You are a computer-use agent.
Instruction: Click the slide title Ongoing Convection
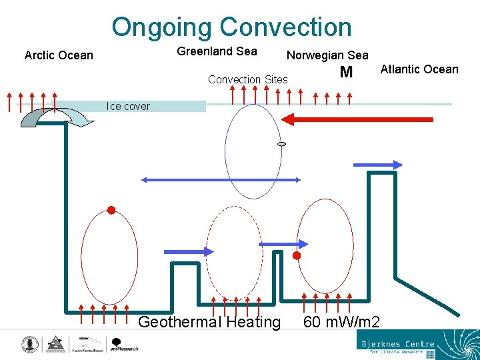(231, 27)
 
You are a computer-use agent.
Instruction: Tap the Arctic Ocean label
(59, 55)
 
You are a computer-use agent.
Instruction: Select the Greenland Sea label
(217, 51)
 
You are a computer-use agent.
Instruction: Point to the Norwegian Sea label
(327, 55)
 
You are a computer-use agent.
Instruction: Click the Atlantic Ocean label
(419, 69)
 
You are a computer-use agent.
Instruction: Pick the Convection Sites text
(248, 80)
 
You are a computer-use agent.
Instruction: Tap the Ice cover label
(128, 106)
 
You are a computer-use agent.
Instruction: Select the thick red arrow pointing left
(357, 120)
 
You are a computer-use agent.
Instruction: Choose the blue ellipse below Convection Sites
(253, 152)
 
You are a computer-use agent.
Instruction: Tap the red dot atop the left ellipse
(111, 211)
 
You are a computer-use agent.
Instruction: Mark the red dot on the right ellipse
(297, 255)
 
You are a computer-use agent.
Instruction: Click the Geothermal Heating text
(209, 323)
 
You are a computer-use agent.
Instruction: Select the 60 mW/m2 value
(341, 323)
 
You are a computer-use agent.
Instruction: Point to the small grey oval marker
(281, 144)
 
